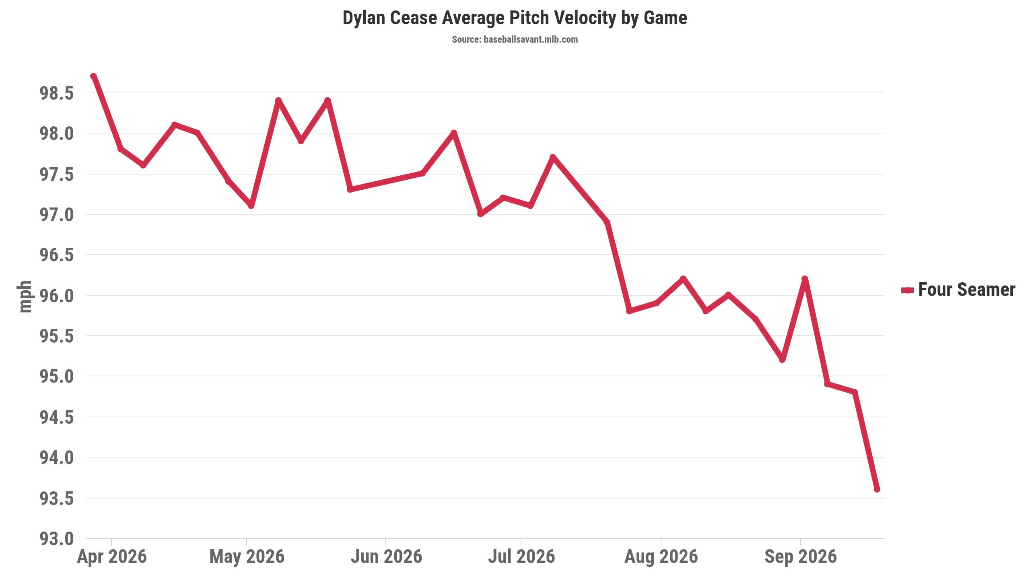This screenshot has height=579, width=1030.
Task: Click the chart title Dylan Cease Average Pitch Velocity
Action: pos(515,18)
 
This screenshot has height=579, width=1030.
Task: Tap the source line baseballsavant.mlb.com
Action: pos(515,39)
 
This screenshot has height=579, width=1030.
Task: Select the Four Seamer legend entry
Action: pos(958,289)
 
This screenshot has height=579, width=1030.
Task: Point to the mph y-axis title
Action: pos(25,297)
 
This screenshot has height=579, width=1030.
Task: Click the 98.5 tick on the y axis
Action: pos(57,93)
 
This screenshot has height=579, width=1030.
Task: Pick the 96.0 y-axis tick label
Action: pos(57,296)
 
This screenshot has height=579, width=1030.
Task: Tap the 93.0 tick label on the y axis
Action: pos(57,539)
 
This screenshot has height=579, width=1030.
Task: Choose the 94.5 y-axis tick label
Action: pos(57,417)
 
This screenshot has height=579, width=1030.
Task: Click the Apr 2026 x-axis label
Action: pos(112,557)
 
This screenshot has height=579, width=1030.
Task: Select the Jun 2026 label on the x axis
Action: pos(386,557)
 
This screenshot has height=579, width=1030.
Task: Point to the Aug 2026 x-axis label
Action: pos(661,557)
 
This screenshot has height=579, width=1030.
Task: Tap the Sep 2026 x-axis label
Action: pos(800,557)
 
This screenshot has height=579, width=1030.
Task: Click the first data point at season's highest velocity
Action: pos(93,76)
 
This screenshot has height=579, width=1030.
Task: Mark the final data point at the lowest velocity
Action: pos(877,489)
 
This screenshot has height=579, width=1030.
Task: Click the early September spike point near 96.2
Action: pos(805,279)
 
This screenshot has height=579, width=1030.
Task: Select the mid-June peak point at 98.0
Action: pos(454,133)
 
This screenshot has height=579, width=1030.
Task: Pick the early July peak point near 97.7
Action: pos(553,157)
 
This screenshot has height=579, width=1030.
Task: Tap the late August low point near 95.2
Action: pos(782,359)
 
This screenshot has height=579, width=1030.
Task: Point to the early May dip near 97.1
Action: pos(251,206)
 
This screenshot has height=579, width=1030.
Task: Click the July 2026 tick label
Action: pos(521,557)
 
